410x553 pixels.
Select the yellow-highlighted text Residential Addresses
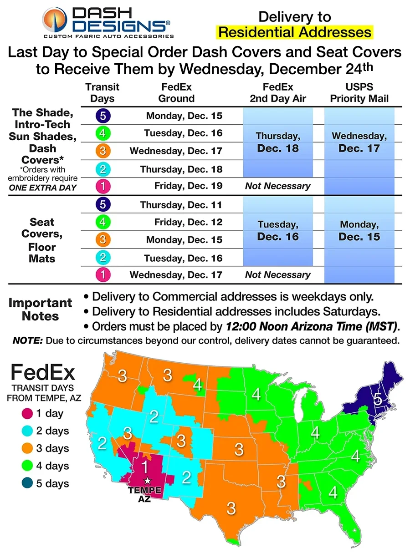pyautogui.click(x=295, y=32)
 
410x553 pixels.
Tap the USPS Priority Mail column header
pyautogui.click(x=359, y=92)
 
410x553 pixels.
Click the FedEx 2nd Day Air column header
pyautogui.click(x=278, y=92)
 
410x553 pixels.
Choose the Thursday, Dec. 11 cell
pyautogui.click(x=181, y=205)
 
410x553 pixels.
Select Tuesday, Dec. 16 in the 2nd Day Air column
pyautogui.click(x=278, y=230)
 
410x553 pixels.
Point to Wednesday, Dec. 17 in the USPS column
pyautogui.click(x=359, y=142)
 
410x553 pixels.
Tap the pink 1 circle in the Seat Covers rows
pyautogui.click(x=103, y=275)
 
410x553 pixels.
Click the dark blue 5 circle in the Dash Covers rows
pyautogui.click(x=103, y=116)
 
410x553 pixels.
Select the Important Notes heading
pyautogui.click(x=40, y=309)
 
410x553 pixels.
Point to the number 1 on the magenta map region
pyautogui.click(x=144, y=467)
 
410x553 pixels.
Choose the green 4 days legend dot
pyautogui.click(x=26, y=466)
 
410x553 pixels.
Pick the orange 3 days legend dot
pyautogui.click(x=26, y=448)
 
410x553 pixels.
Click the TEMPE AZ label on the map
pyautogui.click(x=144, y=494)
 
